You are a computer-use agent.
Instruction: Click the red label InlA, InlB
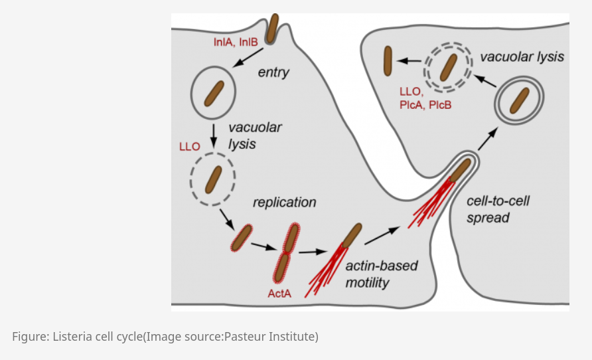click(x=236, y=42)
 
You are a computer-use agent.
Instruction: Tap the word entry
click(x=273, y=72)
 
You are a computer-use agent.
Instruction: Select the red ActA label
click(x=279, y=294)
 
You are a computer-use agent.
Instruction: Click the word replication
click(x=284, y=203)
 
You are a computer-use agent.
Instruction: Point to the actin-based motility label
click(x=382, y=274)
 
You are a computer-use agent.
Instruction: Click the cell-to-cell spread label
click(x=498, y=209)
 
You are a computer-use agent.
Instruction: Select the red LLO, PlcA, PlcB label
click(x=425, y=98)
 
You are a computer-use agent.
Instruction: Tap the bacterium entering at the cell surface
click(x=272, y=29)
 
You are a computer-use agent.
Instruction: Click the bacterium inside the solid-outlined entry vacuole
click(x=214, y=93)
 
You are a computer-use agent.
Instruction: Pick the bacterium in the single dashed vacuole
click(x=213, y=180)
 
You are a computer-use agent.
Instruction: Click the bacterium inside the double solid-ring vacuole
click(x=520, y=100)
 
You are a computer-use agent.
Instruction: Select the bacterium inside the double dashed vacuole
click(x=449, y=68)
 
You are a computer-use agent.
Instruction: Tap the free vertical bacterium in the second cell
click(x=388, y=61)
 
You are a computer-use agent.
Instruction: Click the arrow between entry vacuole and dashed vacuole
click(x=213, y=135)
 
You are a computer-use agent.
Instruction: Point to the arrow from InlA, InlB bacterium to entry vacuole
click(x=248, y=57)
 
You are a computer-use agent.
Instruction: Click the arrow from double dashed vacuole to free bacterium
click(x=409, y=60)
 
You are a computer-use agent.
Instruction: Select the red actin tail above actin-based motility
click(x=325, y=270)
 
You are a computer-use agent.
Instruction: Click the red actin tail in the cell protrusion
click(x=431, y=203)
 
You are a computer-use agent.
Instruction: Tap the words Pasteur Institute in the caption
click(x=270, y=336)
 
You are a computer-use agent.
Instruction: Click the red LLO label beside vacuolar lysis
click(x=190, y=147)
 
